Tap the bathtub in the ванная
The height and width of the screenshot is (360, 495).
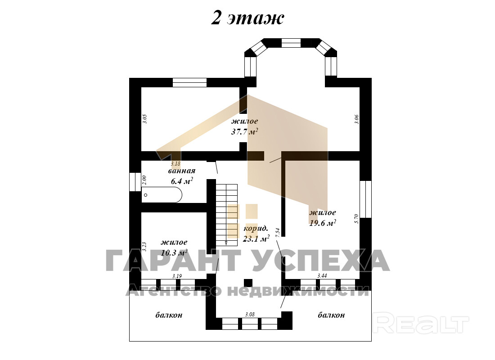(x=162, y=195)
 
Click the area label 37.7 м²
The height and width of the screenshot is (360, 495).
(x=245, y=131)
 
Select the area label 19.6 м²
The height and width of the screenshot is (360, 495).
(x=322, y=223)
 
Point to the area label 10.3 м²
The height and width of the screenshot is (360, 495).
(x=174, y=252)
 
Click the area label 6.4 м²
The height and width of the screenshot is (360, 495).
(x=182, y=181)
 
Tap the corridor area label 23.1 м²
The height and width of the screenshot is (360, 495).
(x=256, y=238)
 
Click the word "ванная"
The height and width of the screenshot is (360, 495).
(x=181, y=171)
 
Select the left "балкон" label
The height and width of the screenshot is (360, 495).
(x=169, y=315)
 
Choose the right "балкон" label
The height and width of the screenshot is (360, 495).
(x=331, y=315)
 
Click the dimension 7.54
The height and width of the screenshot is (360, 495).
(x=278, y=233)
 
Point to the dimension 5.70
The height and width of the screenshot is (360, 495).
(x=357, y=219)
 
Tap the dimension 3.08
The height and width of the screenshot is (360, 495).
(x=250, y=315)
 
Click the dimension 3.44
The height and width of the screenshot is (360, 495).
(x=322, y=276)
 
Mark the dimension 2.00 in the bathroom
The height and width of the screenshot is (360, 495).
(x=144, y=180)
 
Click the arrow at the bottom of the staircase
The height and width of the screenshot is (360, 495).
(x=226, y=243)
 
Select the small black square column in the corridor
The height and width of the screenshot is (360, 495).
(x=248, y=283)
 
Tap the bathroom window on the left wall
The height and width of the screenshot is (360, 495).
(x=135, y=182)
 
